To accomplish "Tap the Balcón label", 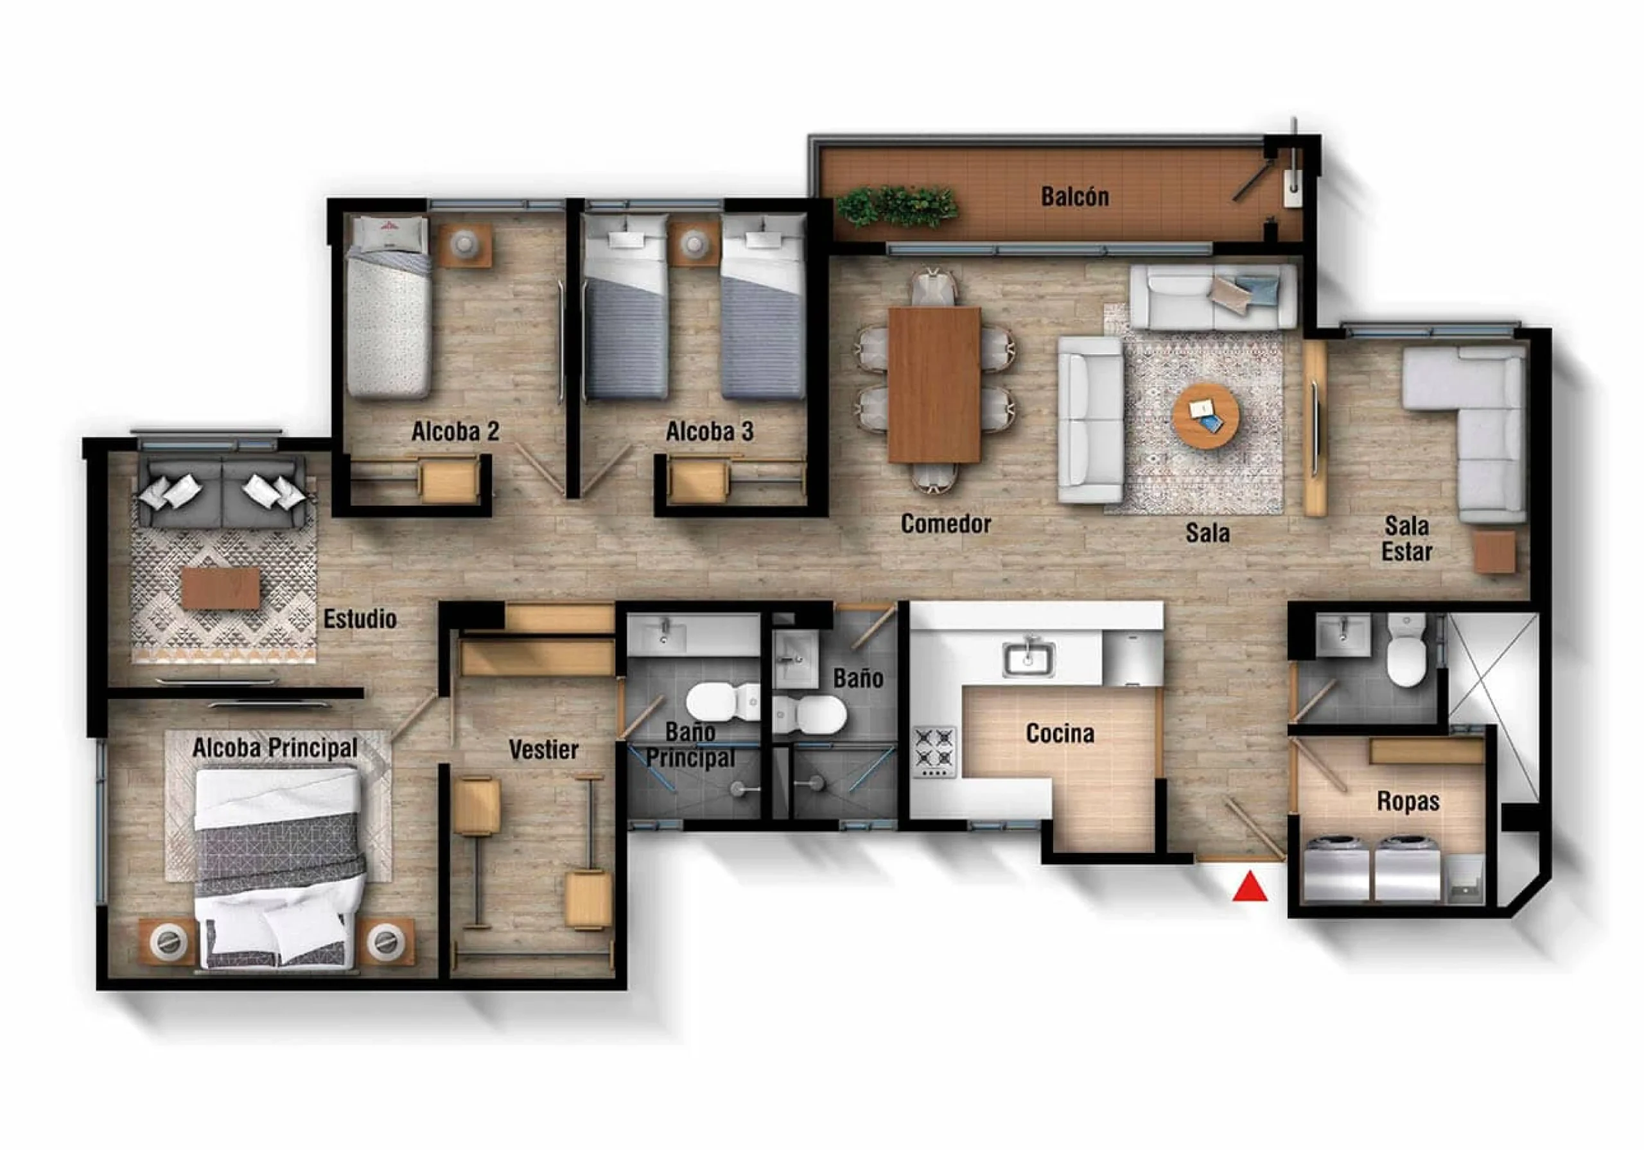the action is (1075, 196).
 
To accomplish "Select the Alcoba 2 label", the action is (455, 431).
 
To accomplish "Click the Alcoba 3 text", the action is (710, 431).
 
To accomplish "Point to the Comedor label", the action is (946, 523).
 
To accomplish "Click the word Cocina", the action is (1060, 733).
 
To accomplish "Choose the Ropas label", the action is (1408, 802).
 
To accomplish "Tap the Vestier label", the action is (543, 750).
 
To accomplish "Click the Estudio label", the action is (360, 618).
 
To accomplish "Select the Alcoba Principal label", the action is (275, 748).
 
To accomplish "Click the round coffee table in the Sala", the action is (1206, 416).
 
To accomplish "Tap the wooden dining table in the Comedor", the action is (934, 385).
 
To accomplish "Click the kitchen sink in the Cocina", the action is (1028, 659).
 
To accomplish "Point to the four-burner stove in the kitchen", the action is (934, 751).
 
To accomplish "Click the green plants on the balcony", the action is (897, 206).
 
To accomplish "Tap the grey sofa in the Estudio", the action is (223, 492).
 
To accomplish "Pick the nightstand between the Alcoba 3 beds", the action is (694, 244).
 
